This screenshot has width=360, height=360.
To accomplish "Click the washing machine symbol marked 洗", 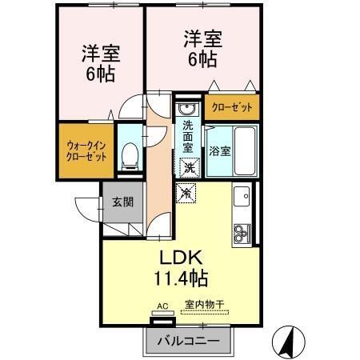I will click(187, 167).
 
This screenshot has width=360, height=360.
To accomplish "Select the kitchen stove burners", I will click(242, 233).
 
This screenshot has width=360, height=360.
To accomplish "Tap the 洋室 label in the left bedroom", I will click(102, 54).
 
